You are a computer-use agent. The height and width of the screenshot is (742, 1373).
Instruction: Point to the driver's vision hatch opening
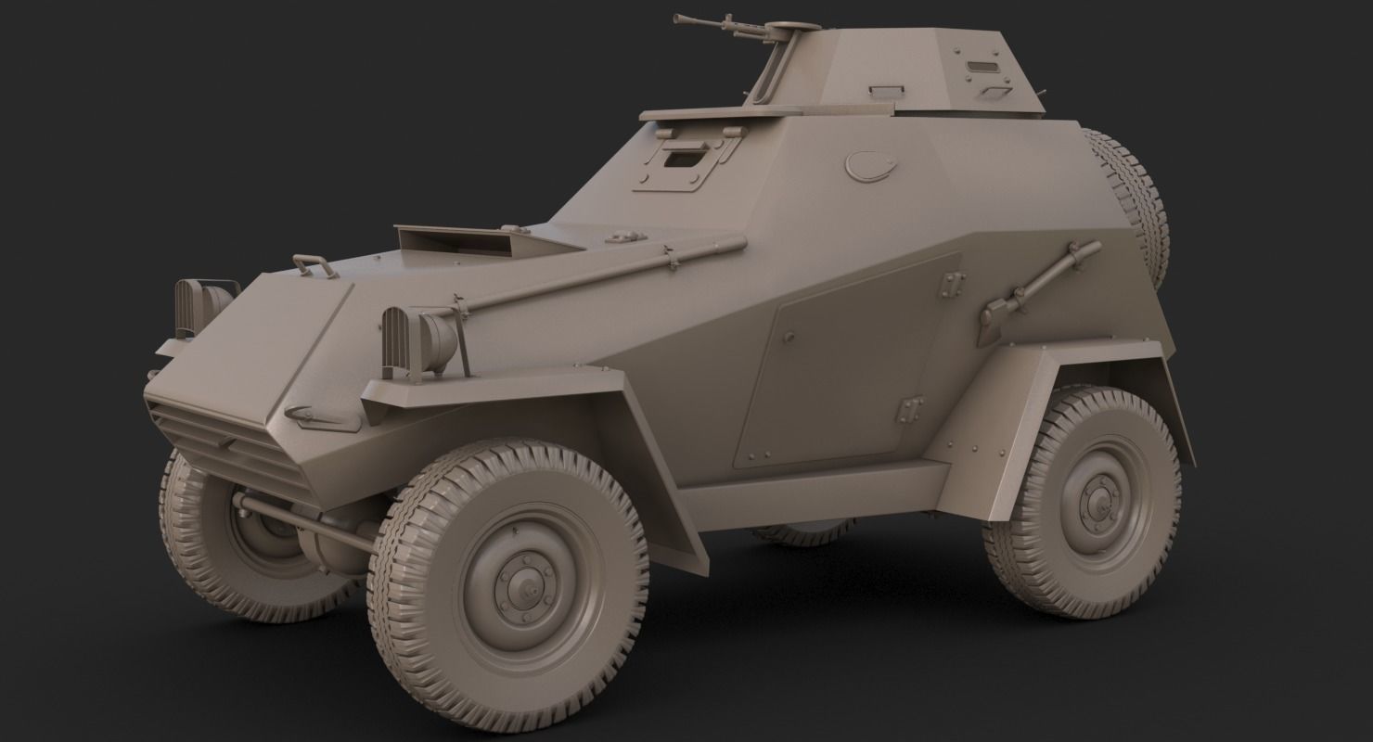[x=685, y=160]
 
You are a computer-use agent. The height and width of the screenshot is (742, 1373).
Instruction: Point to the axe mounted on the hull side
[x=1030, y=288]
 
